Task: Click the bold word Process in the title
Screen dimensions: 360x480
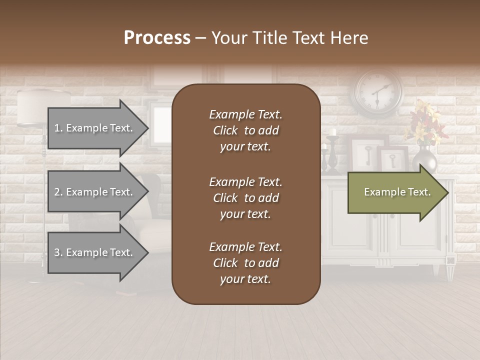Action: click(x=157, y=38)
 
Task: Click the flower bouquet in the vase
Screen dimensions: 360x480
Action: click(x=425, y=122)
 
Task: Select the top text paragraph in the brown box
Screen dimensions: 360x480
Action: click(x=245, y=130)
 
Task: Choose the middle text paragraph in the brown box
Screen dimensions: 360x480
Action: click(x=245, y=198)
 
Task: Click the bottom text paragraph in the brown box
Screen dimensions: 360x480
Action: click(x=245, y=263)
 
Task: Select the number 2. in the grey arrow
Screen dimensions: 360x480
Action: click(x=58, y=192)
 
